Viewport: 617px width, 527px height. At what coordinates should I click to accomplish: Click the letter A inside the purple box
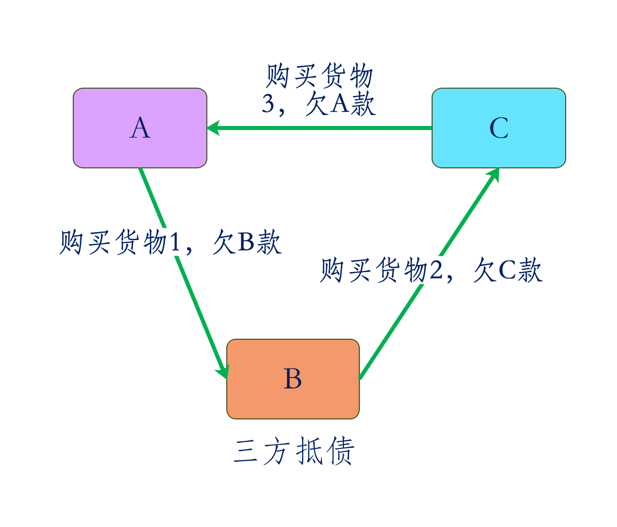pyautogui.click(x=140, y=129)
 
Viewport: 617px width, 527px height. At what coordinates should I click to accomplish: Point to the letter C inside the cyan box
pyautogui.click(x=499, y=129)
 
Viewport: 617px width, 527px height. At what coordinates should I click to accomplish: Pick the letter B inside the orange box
pyautogui.click(x=293, y=379)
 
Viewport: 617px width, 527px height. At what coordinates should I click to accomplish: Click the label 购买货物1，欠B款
pyautogui.click(x=170, y=242)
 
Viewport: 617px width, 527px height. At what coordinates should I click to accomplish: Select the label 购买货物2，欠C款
pyautogui.click(x=432, y=270)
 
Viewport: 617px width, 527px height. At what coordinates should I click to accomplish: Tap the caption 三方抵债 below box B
pyautogui.click(x=294, y=451)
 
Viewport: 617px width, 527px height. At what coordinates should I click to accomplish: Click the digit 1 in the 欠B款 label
pyautogui.click(x=174, y=243)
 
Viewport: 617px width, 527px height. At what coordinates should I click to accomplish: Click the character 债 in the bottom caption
pyautogui.click(x=339, y=451)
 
